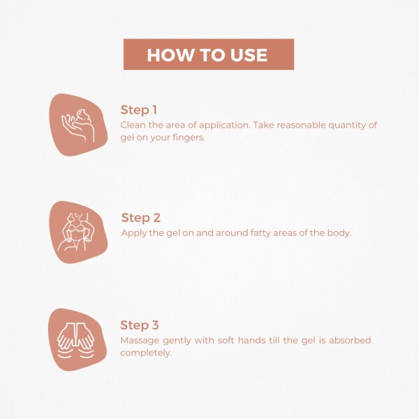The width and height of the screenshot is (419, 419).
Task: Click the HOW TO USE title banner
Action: [x=209, y=54]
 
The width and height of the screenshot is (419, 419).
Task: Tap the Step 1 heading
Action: [x=139, y=110]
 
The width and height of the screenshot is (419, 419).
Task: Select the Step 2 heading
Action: [x=140, y=218]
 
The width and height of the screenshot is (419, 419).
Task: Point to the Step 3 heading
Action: [x=140, y=325]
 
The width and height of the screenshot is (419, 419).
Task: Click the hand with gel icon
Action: [x=78, y=125]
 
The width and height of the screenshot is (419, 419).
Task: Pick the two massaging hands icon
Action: [x=76, y=340]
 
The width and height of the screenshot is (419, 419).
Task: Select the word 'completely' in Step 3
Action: [x=145, y=353]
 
